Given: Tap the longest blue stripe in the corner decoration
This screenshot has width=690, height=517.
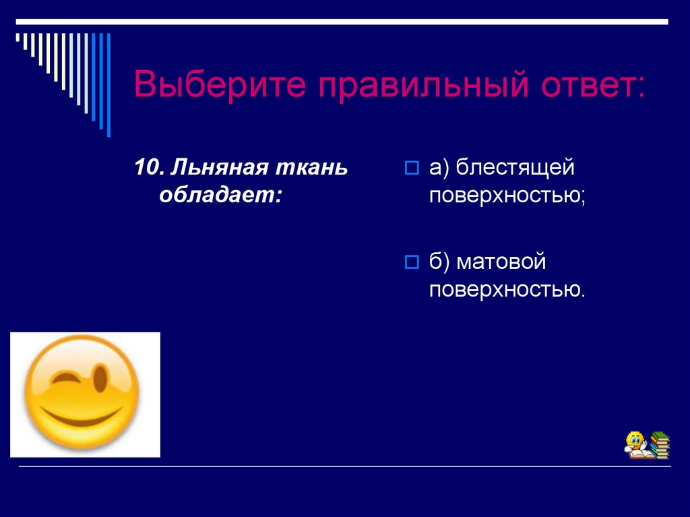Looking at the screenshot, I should (108, 84).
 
